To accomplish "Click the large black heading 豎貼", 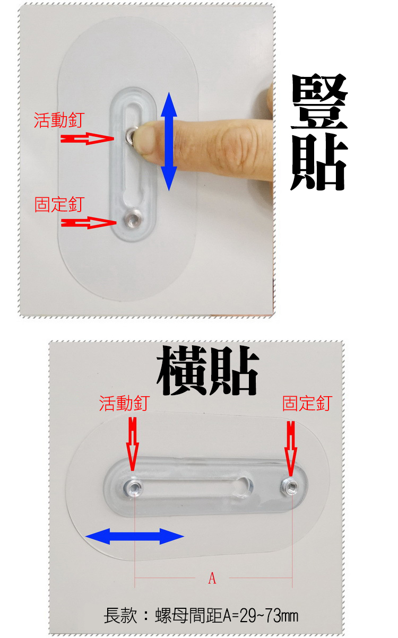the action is point(319,132).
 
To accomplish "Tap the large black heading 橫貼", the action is point(207,370).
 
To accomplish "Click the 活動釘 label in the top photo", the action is point(59,120).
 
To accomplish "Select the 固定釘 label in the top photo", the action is point(59,204).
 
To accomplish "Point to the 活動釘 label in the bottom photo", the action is point(124,403).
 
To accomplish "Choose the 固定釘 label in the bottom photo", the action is point(307,403).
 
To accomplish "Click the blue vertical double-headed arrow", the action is point(169,141).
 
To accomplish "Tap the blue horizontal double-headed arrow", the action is point(134,536).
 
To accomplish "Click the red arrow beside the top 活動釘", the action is point(87,139).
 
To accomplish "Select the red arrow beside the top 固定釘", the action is point(89,222).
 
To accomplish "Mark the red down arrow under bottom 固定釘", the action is point(291,449).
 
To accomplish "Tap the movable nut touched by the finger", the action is point(131,136).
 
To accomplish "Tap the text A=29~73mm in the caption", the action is point(261,616).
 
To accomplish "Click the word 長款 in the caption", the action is point(120,616).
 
